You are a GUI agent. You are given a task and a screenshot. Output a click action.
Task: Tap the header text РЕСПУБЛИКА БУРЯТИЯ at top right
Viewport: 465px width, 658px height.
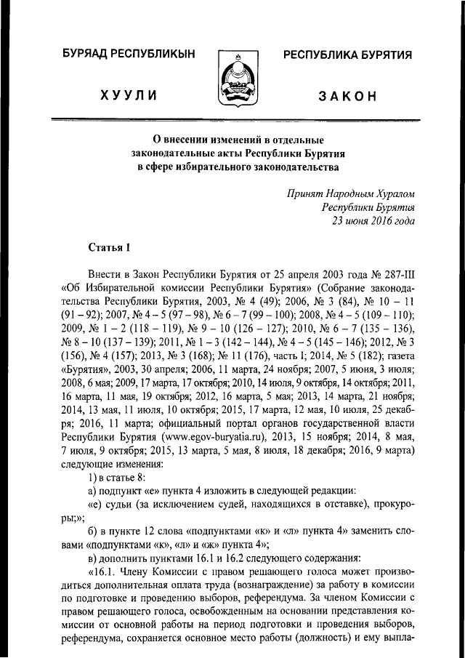(347, 55)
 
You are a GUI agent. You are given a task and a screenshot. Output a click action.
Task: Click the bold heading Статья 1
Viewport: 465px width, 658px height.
(108, 248)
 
